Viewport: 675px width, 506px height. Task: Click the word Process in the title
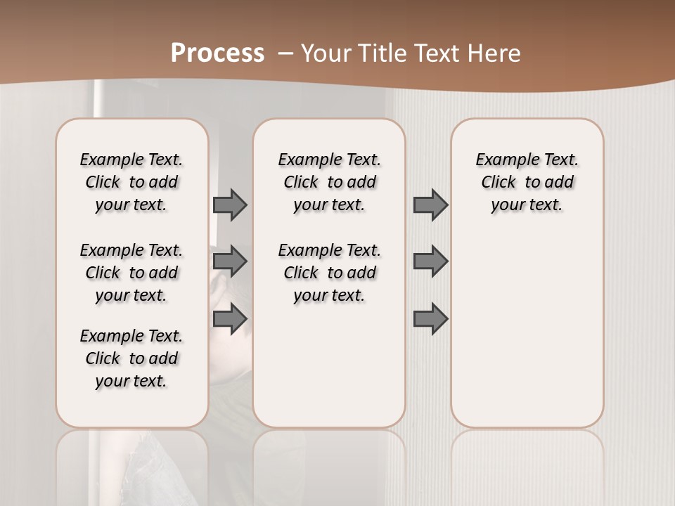click(217, 53)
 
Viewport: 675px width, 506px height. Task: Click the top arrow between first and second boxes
click(230, 205)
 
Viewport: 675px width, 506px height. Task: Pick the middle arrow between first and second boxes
click(230, 261)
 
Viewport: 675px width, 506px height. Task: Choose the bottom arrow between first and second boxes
click(230, 319)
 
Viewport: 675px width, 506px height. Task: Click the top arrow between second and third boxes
click(430, 205)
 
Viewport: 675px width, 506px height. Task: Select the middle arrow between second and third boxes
click(430, 261)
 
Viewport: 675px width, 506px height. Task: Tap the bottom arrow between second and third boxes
click(430, 319)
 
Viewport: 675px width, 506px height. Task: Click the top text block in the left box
click(131, 182)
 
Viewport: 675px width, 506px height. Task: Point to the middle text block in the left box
click(131, 273)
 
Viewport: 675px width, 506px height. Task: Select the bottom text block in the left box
click(131, 358)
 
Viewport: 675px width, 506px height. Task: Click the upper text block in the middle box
click(330, 182)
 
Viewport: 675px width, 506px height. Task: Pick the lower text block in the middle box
click(330, 273)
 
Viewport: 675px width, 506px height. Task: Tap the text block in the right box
click(527, 182)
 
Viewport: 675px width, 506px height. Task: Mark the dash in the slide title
click(285, 53)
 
